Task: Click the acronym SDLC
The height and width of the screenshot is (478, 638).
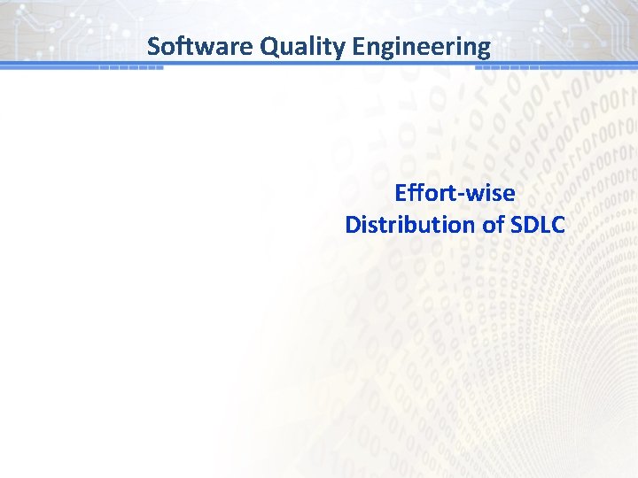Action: click(x=538, y=225)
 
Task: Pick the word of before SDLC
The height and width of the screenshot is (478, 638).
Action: click(x=494, y=225)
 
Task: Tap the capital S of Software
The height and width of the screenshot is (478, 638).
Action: click(x=154, y=45)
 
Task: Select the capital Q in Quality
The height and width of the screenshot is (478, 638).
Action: click(x=268, y=45)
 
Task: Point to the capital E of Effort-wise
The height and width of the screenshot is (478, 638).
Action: click(x=401, y=193)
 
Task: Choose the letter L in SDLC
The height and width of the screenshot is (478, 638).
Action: click(x=543, y=225)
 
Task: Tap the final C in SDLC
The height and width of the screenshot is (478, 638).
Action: click(x=557, y=225)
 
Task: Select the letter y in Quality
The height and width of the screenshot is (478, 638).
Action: click(x=336, y=48)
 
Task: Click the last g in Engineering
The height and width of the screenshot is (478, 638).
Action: click(x=482, y=49)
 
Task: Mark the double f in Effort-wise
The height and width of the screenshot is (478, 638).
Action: click(x=416, y=193)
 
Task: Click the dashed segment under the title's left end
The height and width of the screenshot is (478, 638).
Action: click(x=130, y=67)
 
